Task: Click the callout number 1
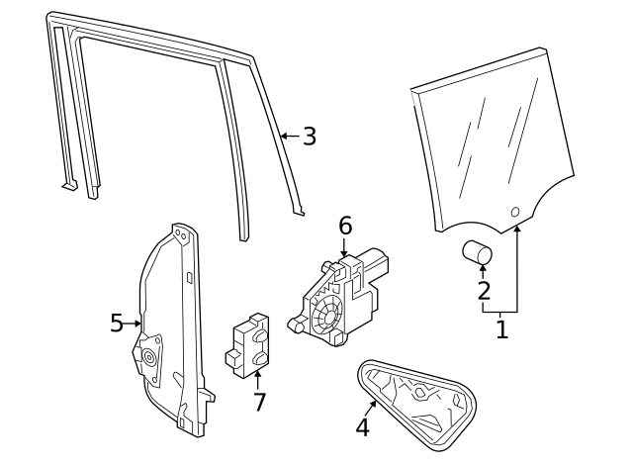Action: tap(501, 328)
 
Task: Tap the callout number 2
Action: tap(483, 290)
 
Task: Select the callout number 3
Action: tap(310, 137)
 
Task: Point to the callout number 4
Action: tap(362, 427)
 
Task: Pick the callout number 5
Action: tap(117, 323)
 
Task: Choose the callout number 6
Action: tap(344, 226)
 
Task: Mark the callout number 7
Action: tap(259, 402)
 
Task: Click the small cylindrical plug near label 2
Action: tap(478, 253)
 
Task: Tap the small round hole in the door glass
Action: tap(514, 212)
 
